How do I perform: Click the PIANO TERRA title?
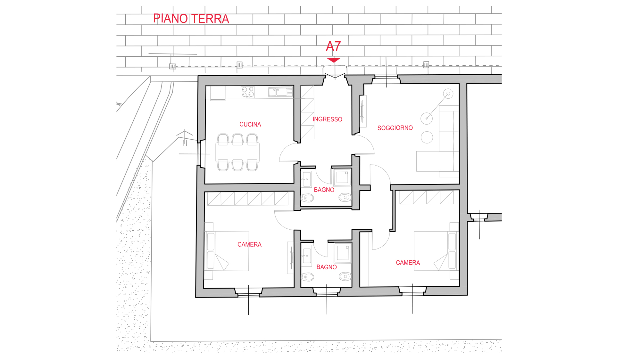tap(191, 19)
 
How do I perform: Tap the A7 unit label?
tap(333, 46)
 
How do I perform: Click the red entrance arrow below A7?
tap(334, 60)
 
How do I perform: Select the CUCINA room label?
tap(250, 124)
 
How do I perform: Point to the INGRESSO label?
tap(327, 119)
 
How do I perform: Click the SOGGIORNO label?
tap(395, 128)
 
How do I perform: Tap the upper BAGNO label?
tap(324, 190)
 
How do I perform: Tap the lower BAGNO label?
tap(326, 267)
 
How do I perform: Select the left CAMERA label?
tap(249, 244)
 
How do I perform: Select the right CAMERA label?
tap(408, 263)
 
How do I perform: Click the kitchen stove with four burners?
tap(248, 92)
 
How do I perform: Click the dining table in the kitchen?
tap(237, 152)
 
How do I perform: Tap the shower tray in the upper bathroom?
tap(342, 177)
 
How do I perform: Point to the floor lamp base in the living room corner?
tap(448, 94)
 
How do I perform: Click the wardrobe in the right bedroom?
tap(426, 197)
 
